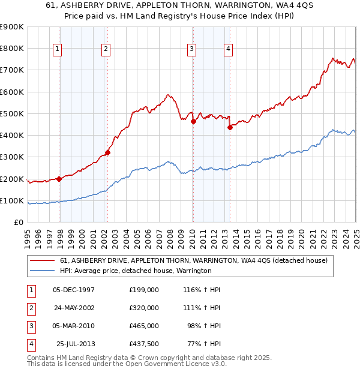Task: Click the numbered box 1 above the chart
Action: (x=57, y=50)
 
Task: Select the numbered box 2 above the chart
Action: (x=105, y=50)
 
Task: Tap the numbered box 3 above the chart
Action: (x=191, y=50)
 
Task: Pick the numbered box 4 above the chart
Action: (x=229, y=50)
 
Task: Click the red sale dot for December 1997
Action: (x=59, y=179)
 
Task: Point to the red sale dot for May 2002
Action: (x=108, y=152)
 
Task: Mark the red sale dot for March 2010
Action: (x=193, y=121)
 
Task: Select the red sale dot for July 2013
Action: (x=230, y=127)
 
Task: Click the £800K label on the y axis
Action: (x=12, y=49)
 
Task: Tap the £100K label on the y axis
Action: (x=12, y=200)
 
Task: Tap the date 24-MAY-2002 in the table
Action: (x=73, y=308)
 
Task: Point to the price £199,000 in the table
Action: (x=144, y=290)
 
